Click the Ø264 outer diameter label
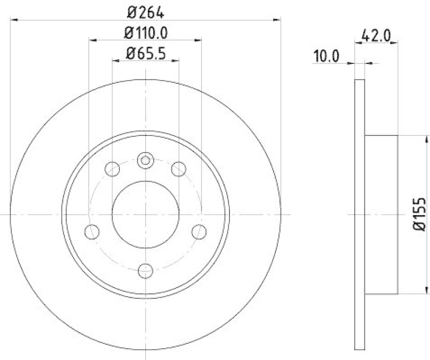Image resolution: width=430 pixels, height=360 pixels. (145, 10)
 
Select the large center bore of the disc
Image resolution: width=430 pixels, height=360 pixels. (145, 214)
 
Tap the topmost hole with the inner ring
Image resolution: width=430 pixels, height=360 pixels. (145, 160)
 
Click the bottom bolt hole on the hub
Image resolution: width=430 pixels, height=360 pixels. (145, 270)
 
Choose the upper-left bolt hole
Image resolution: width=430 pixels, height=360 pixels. (112, 169)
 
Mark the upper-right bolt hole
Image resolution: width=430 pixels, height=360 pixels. (178, 169)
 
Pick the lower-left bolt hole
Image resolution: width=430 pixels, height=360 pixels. (92, 232)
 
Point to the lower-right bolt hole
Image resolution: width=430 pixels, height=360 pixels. (199, 232)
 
